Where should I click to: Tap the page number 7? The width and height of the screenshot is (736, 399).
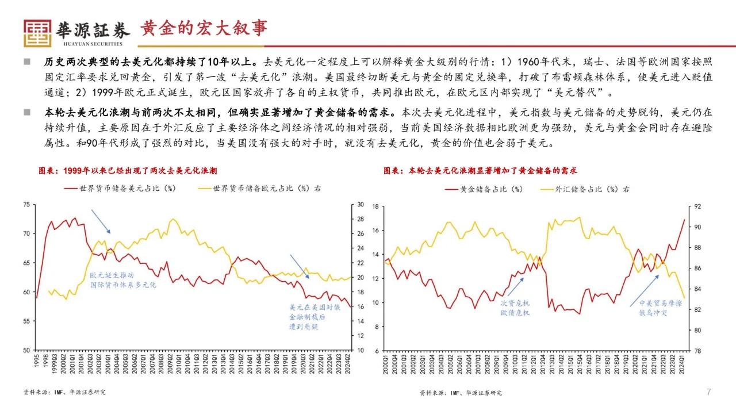tap(709, 392)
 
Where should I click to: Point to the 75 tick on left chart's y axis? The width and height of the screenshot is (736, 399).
tap(26, 205)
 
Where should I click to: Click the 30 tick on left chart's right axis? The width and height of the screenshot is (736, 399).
tap(361, 205)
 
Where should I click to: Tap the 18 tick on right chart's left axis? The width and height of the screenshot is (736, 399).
tap(374, 206)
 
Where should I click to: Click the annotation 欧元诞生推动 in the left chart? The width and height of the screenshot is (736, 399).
tap(111, 275)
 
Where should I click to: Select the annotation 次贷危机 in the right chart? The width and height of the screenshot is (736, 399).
tap(515, 303)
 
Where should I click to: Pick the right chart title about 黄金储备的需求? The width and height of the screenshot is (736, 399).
tap(480, 171)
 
